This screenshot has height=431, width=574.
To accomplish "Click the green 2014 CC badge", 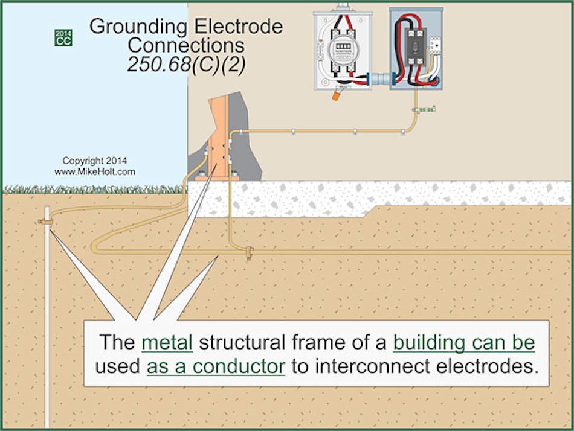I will pyautogui.click(x=63, y=37).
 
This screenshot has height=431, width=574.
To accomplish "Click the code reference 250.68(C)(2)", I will pyautogui.click(x=186, y=65).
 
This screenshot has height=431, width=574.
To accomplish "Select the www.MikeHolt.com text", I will pyautogui.click(x=94, y=172).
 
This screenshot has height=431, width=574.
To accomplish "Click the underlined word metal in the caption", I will pyautogui.click(x=167, y=342).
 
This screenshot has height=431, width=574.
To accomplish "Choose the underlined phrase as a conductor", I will pyautogui.click(x=216, y=366).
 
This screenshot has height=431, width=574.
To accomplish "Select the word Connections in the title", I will pyautogui.click(x=186, y=45).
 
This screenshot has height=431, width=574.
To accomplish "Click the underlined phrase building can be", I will pyautogui.click(x=464, y=342).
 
